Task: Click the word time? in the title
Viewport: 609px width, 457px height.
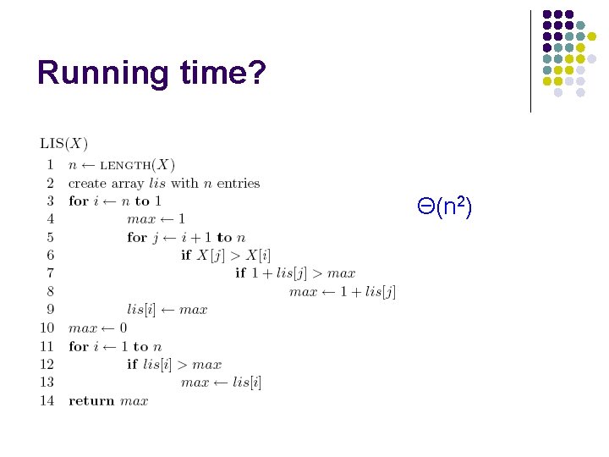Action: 222,73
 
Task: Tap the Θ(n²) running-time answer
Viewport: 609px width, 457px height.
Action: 444,205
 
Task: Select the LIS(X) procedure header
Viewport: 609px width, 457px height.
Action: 64,145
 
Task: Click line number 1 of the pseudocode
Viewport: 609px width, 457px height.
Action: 50,164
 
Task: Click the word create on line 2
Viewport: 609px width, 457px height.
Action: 88,183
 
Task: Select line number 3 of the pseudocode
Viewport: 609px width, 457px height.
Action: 50,201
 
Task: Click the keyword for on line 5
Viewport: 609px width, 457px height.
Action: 136,238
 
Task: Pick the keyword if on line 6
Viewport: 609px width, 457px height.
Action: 186,256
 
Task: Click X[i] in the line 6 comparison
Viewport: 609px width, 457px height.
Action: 258,256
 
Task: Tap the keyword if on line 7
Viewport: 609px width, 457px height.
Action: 240,273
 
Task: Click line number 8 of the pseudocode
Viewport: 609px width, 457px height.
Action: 50,292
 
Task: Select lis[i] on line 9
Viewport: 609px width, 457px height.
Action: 140,310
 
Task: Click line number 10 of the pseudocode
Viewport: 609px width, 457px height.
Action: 47,328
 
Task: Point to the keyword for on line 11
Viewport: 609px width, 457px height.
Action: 78,346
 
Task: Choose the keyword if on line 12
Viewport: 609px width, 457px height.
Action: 132,364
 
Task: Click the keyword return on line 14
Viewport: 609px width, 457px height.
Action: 91,401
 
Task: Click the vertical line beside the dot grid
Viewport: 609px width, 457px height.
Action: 530,61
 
